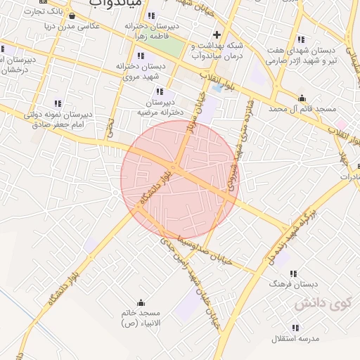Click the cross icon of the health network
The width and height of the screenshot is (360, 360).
217,34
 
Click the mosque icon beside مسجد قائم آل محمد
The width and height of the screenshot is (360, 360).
302,98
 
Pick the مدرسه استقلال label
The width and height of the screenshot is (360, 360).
295,338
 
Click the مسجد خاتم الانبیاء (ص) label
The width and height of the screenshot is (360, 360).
140,318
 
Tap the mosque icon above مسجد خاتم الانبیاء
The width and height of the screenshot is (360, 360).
140,303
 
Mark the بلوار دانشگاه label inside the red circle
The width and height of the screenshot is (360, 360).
153,187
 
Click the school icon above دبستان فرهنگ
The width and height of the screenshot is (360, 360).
293,273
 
